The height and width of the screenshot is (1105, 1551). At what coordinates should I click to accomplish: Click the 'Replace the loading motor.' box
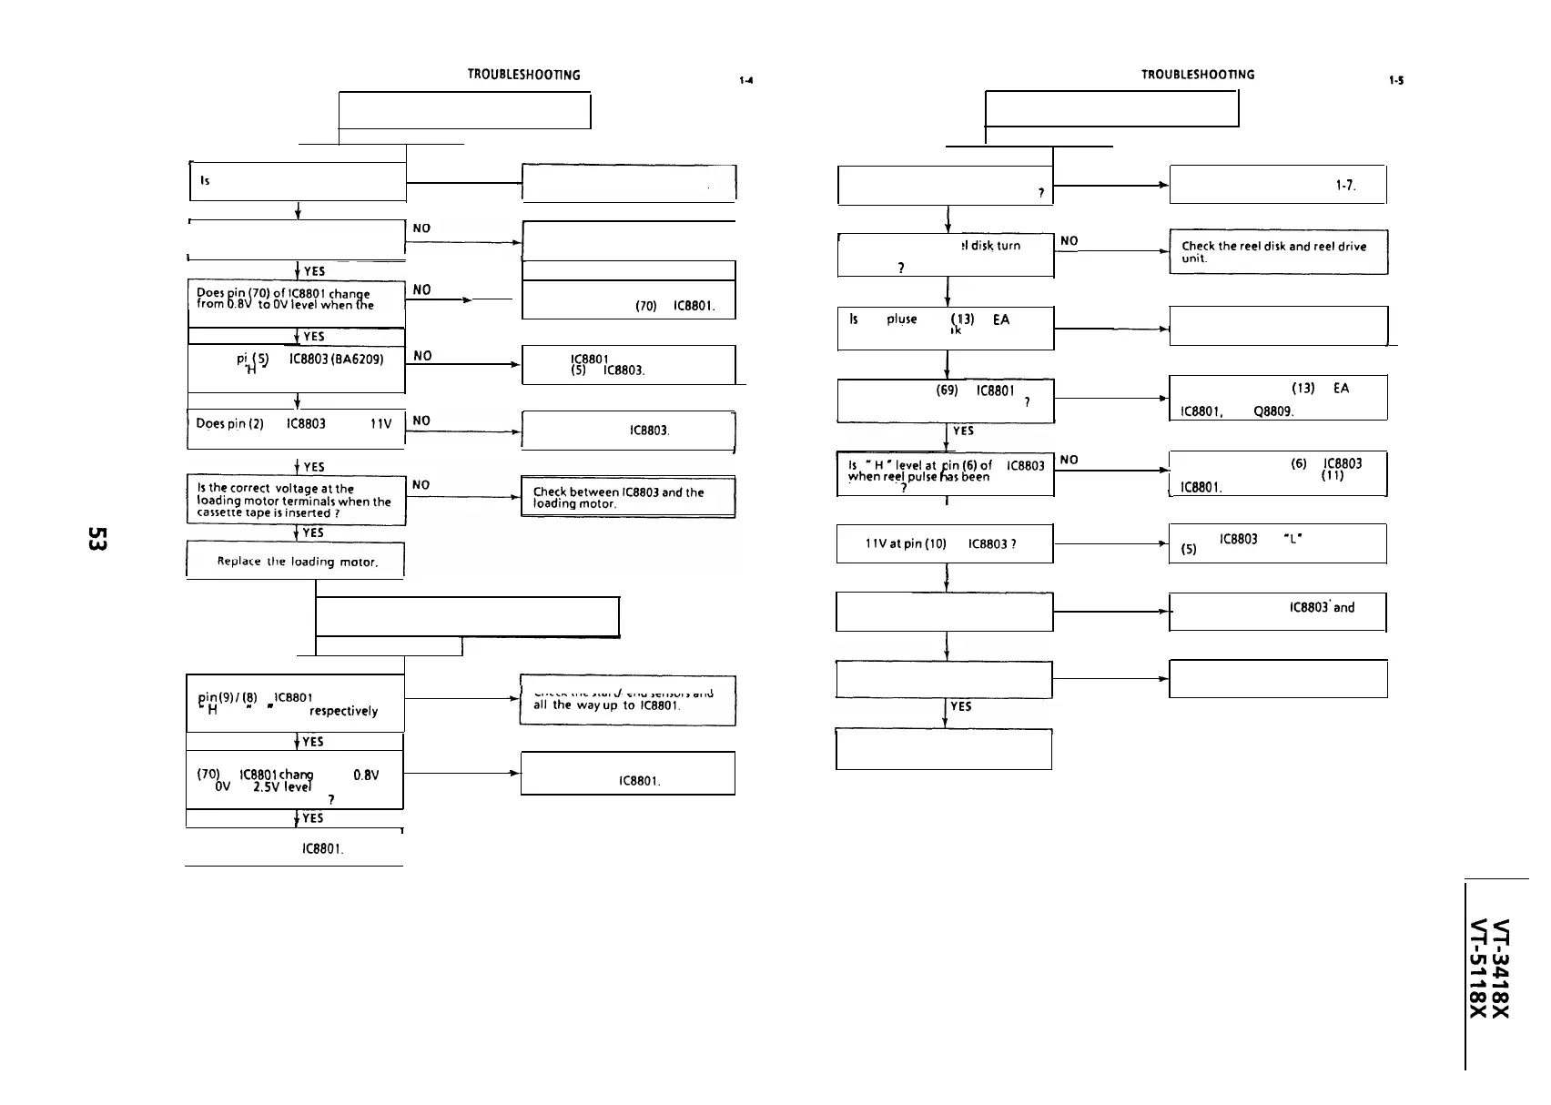pyautogui.click(x=296, y=561)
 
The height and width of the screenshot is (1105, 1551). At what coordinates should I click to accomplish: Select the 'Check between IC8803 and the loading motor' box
pyautogui.click(x=627, y=497)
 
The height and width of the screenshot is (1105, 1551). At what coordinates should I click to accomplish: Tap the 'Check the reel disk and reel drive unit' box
pyautogui.click(x=1278, y=252)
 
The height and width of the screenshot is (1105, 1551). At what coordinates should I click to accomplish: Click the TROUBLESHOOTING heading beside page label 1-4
pyautogui.click(x=523, y=75)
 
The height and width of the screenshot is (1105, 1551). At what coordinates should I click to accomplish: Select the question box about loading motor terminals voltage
pyautogui.click(x=296, y=501)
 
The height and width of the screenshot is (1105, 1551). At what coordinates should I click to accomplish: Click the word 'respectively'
pyautogui.click(x=343, y=711)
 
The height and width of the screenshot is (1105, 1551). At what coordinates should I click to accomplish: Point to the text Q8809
pyautogui.click(x=1272, y=411)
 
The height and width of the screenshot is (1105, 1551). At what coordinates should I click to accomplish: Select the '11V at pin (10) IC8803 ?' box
pyautogui.click(x=944, y=544)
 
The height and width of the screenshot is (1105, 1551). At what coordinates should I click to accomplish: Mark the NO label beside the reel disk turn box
pyautogui.click(x=1069, y=241)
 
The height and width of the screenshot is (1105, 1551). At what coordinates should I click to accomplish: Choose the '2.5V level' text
pyautogui.click(x=269, y=787)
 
